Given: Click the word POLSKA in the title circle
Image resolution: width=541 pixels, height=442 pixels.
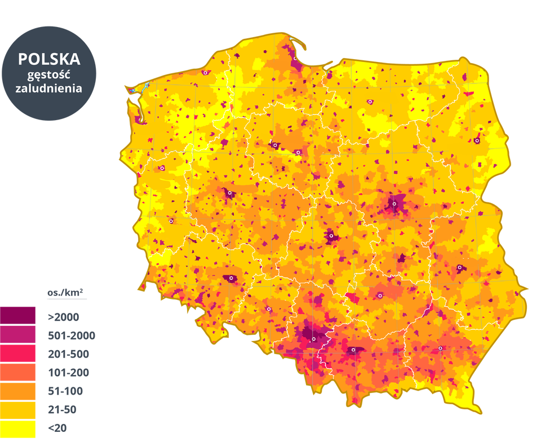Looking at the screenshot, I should [x=49, y=59].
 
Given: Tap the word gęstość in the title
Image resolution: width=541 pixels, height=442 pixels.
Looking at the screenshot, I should [x=49, y=74].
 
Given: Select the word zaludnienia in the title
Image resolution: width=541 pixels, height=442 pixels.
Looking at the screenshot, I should [x=49, y=89].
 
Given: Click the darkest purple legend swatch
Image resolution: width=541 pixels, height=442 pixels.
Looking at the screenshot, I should [x=19, y=315].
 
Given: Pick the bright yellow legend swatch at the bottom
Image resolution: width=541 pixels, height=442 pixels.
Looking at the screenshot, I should [x=19, y=428].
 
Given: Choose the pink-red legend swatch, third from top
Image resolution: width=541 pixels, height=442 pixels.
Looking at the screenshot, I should [x=19, y=353].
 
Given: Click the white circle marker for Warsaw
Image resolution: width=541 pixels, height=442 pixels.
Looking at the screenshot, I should [x=394, y=204].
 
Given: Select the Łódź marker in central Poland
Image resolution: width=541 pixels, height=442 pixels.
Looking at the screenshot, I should [x=331, y=236].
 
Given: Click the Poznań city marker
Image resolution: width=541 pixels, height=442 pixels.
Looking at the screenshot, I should [x=229, y=194].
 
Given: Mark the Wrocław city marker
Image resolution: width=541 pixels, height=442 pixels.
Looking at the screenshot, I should [x=231, y=278].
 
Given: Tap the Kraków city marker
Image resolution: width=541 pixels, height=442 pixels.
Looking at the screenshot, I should [x=353, y=350].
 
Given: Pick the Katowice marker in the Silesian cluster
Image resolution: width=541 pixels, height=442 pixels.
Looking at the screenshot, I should [x=313, y=339].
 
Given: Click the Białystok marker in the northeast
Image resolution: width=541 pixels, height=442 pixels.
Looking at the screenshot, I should [x=477, y=140].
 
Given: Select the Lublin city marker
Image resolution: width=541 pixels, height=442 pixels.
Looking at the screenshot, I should [x=459, y=267].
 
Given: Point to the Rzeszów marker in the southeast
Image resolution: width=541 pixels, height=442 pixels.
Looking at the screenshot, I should [x=440, y=348].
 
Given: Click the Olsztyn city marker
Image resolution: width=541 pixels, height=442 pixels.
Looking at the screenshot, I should [x=370, y=102].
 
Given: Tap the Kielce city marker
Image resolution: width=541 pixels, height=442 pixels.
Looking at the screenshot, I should [x=380, y=295].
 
